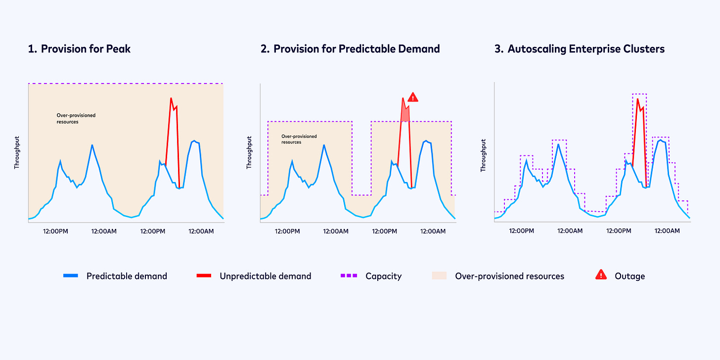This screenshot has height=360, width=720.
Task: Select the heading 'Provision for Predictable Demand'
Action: (x=356, y=49)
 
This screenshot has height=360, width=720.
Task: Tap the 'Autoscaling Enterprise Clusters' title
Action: (x=586, y=49)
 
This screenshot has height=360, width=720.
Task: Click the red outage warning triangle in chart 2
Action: (x=413, y=97)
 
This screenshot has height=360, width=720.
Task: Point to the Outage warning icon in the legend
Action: (x=601, y=275)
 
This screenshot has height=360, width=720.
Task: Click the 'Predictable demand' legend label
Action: (x=127, y=276)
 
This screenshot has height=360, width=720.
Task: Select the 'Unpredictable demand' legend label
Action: (x=265, y=276)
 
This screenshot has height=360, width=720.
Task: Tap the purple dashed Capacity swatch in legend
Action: (x=349, y=275)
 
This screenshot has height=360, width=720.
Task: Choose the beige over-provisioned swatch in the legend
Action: (x=439, y=275)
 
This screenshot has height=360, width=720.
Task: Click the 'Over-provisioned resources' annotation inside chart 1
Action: (x=76, y=118)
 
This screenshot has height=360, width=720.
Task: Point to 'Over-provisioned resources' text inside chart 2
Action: (x=299, y=139)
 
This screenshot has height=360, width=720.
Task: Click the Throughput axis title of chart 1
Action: (x=16, y=154)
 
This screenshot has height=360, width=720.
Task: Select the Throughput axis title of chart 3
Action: (x=483, y=155)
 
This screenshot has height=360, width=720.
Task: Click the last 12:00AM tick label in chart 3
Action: (x=668, y=231)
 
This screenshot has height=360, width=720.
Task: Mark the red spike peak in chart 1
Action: (x=171, y=98)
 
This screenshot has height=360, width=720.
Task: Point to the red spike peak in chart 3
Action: (x=638, y=99)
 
